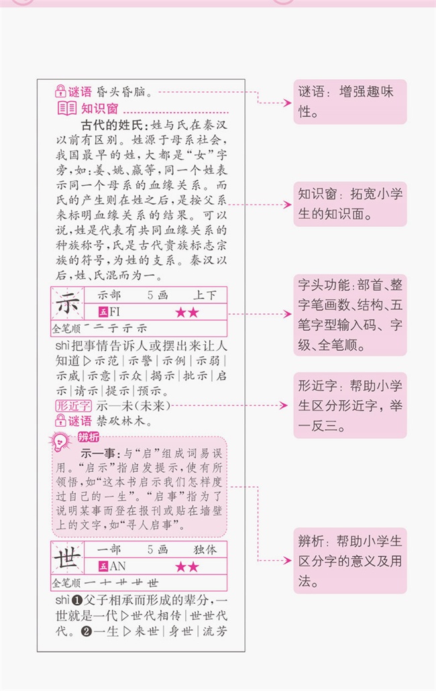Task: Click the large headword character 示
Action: [x=67, y=305]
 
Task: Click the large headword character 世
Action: [x=67, y=558]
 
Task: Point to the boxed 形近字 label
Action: [x=70, y=405]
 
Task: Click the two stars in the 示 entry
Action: [x=187, y=313]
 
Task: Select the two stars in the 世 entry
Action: [x=187, y=567]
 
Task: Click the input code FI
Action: [x=115, y=312]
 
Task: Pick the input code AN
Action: [x=117, y=566]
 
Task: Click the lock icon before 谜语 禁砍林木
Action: [x=60, y=421]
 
